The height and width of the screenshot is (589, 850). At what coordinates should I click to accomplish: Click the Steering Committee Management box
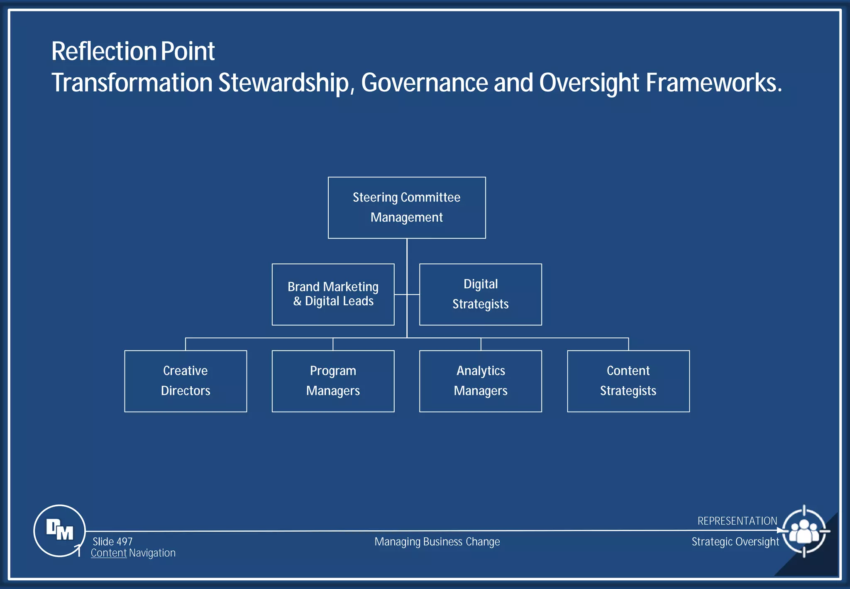pyautogui.click(x=406, y=208)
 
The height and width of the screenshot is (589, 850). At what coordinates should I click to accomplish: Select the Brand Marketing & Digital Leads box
pyautogui.click(x=333, y=294)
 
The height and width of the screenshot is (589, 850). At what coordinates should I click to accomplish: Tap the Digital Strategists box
pyautogui.click(x=480, y=294)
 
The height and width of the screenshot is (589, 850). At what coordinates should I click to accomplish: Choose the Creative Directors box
pyautogui.click(x=186, y=381)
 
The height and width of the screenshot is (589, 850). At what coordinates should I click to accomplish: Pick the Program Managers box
pyautogui.click(x=333, y=381)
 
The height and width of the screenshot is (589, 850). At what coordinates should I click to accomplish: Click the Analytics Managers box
pyautogui.click(x=480, y=381)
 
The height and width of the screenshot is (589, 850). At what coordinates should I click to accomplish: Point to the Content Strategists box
pyautogui.click(x=628, y=381)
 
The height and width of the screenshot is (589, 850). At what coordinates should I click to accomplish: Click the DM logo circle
pyautogui.click(x=59, y=530)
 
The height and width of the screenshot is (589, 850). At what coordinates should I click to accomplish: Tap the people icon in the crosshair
pyautogui.click(x=804, y=531)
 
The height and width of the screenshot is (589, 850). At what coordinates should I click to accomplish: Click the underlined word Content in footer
pyautogui.click(x=109, y=553)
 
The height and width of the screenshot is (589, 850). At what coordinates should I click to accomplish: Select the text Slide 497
pyautogui.click(x=112, y=542)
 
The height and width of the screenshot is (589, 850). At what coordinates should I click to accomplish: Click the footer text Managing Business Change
pyautogui.click(x=437, y=542)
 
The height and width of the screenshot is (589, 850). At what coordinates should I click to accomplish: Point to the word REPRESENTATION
pyautogui.click(x=737, y=521)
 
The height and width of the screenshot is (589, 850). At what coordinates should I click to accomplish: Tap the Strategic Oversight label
pyautogui.click(x=735, y=542)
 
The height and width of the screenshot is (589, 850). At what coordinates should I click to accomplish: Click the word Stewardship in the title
pyautogui.click(x=286, y=83)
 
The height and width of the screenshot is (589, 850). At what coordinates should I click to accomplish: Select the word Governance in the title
pyautogui.click(x=424, y=83)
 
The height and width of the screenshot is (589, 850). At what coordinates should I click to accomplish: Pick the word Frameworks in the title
pyautogui.click(x=713, y=83)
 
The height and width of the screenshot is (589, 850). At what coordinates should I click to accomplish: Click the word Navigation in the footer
pyautogui.click(x=152, y=553)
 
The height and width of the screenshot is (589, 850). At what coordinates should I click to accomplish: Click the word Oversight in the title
pyautogui.click(x=589, y=83)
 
